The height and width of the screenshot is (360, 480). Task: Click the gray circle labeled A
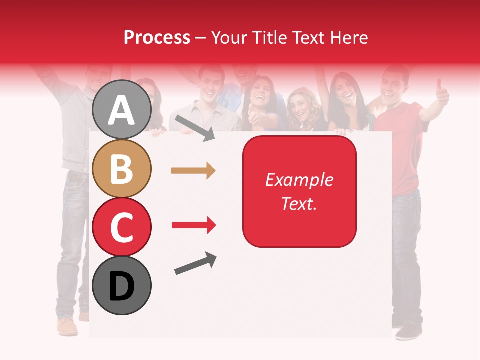[122, 109]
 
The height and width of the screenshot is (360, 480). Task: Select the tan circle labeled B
[122, 168]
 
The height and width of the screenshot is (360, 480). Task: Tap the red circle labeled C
[122, 227]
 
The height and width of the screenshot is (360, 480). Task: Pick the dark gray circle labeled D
[122, 286]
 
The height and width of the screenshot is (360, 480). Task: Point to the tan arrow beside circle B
[193, 171]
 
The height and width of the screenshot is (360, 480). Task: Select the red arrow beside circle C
[193, 225]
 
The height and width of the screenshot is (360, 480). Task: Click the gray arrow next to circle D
[195, 263]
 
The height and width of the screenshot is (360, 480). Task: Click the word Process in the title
[157, 37]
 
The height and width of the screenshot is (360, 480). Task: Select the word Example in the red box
[299, 180]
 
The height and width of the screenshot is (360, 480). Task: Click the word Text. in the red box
[299, 203]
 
